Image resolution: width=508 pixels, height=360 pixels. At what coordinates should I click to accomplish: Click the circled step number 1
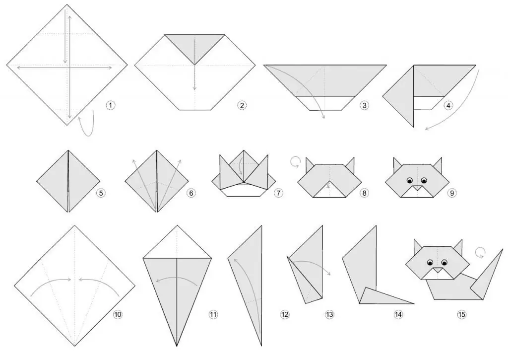111,105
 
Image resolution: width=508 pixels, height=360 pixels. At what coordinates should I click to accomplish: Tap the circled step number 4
448,105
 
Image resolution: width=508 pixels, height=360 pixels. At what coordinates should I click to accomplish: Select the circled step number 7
278,193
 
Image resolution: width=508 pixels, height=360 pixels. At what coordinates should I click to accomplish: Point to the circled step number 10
118,314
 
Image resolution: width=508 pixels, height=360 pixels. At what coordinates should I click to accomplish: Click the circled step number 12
285,314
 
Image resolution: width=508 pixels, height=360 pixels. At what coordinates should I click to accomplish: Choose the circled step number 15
462,314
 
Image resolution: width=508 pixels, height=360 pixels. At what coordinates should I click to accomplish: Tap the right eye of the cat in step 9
424,180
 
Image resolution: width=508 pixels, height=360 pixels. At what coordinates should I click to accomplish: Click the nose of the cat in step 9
417,188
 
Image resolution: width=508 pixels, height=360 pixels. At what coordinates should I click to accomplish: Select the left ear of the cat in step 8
310,164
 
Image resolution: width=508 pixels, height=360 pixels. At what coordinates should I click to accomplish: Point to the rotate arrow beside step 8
295,162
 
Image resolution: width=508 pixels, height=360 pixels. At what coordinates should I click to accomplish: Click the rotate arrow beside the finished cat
480,252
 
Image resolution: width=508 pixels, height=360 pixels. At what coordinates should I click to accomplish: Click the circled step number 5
101,193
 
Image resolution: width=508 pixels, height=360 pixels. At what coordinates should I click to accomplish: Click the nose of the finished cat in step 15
438,270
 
